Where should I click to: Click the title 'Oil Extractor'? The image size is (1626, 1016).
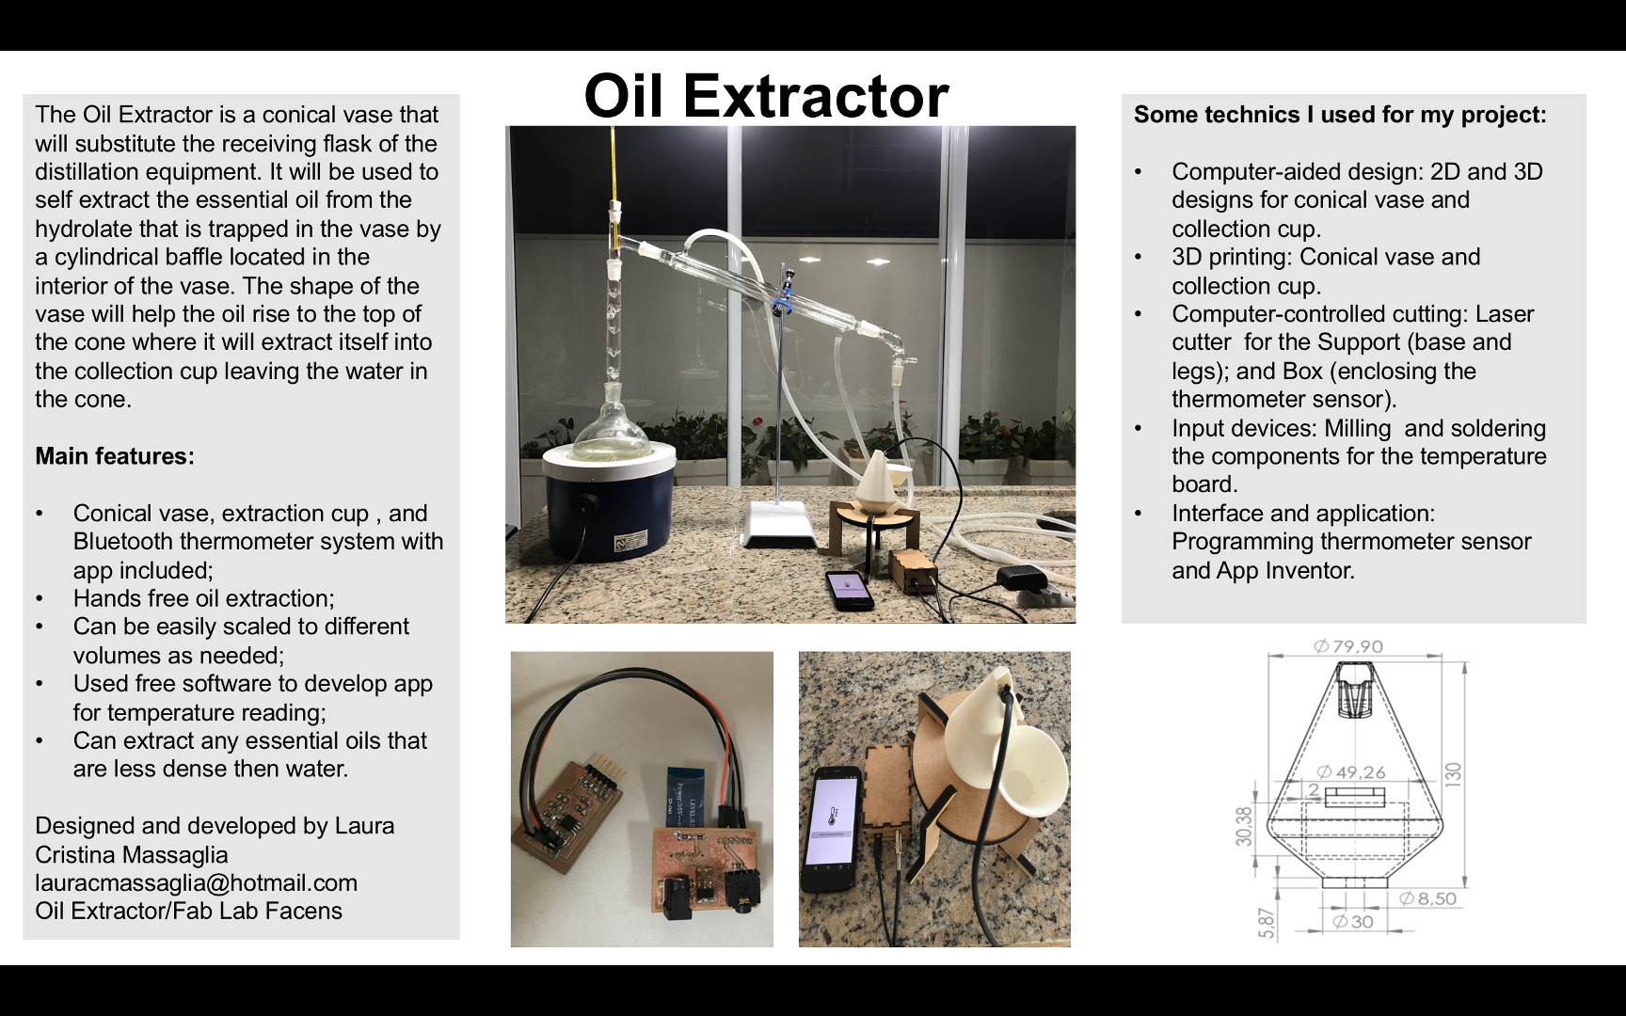(766, 96)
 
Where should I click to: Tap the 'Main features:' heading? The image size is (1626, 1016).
(115, 456)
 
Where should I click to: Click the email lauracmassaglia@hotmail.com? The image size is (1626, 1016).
(197, 883)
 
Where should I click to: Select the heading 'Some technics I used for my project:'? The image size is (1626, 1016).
(1340, 115)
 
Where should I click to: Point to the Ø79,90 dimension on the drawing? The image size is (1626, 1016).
(1348, 646)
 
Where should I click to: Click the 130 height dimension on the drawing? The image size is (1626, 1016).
(1454, 774)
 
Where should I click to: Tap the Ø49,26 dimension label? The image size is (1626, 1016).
(1351, 772)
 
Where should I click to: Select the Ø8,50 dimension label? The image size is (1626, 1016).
(1427, 898)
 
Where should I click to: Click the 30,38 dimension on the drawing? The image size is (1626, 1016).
(1245, 826)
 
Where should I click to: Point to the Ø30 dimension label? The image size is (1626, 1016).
(1353, 922)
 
